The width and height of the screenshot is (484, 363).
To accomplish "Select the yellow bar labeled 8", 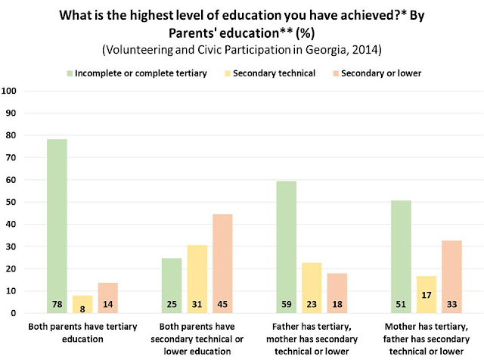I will [83, 303].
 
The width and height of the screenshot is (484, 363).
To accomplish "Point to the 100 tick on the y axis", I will [11, 92].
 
